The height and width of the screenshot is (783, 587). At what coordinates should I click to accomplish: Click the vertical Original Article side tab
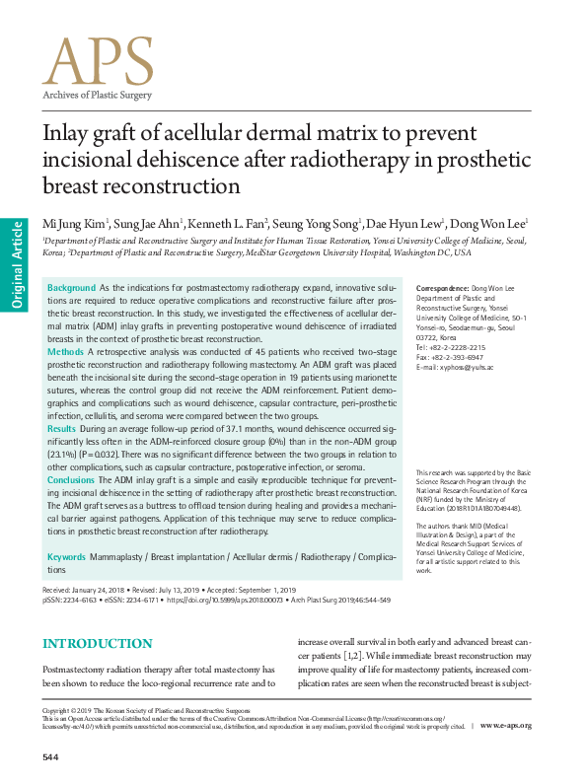pyautogui.click(x=16, y=266)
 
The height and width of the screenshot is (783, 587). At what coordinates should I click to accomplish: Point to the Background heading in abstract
pyautogui.click(x=71, y=287)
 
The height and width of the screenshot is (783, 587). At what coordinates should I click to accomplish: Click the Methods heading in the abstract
pyautogui.click(x=66, y=351)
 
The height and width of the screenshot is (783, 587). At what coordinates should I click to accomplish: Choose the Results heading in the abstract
pyautogui.click(x=62, y=430)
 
